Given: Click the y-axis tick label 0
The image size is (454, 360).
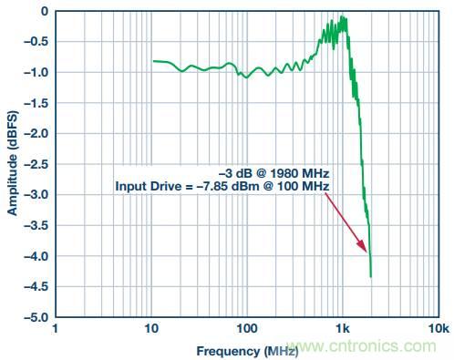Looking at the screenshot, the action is (45, 12).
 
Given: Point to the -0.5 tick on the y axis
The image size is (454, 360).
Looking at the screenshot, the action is (36, 42).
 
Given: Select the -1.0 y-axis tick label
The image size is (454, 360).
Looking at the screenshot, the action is (36, 73).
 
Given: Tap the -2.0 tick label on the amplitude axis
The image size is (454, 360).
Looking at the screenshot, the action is (36, 134).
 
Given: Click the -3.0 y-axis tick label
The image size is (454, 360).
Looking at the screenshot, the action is (36, 195).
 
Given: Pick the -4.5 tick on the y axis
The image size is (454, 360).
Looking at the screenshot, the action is (36, 286).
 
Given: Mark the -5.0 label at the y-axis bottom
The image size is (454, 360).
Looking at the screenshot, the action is (36, 317).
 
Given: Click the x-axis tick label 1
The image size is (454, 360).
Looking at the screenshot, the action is (55, 329).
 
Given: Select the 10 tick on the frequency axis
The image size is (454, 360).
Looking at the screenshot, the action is (151, 329).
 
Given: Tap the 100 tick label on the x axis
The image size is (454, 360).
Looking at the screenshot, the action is (247, 329).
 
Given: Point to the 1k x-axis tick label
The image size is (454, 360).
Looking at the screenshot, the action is (343, 329).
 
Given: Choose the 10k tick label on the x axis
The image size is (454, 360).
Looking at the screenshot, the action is (438, 329).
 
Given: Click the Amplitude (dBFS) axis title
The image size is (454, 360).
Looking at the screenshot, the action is (13, 163).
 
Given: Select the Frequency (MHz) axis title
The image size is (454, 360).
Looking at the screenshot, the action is (247, 352).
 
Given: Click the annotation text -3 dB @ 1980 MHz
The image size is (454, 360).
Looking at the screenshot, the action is (274, 174).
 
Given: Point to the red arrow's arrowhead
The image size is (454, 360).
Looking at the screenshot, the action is (363, 246).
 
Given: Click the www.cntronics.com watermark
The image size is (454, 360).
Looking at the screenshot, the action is (362, 346).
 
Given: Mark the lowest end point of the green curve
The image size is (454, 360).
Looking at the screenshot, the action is (371, 277).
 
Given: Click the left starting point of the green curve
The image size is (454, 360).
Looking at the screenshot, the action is (153, 61).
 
